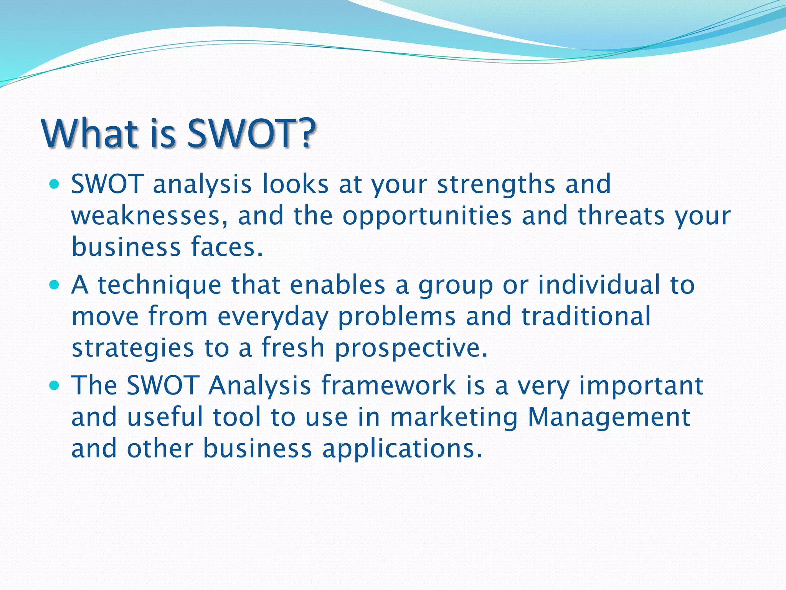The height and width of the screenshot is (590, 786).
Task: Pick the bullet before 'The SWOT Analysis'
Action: pos(55,386)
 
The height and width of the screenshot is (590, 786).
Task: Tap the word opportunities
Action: pos(427,216)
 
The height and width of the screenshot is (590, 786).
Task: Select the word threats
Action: pos(621,215)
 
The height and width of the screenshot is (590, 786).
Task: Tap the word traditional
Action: pos(586,316)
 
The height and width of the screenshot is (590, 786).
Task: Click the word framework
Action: pos(388,386)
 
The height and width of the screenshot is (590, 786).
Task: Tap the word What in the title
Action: pos(91,133)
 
